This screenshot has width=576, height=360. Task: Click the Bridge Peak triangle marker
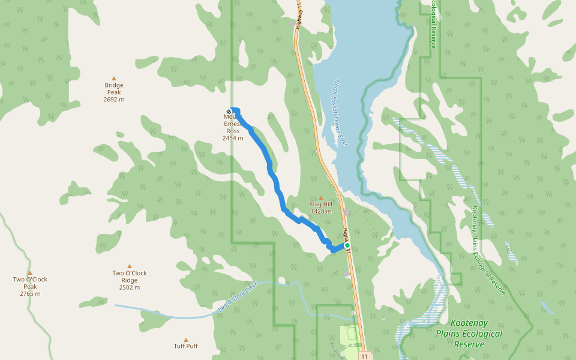pyautogui.click(x=113, y=78)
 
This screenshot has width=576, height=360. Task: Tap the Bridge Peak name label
pyautogui.click(x=113, y=89)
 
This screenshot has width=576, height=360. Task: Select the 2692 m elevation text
pyautogui.click(x=113, y=100)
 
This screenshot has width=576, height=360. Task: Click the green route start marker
pyautogui.click(x=347, y=245)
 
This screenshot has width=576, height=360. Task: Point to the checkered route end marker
pyautogui.click(x=229, y=111)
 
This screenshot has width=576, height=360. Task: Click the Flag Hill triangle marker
pyautogui.click(x=320, y=198)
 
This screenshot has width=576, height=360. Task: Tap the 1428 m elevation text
pyautogui.click(x=321, y=211)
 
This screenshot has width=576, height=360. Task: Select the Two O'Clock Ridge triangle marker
pyautogui.click(x=129, y=266)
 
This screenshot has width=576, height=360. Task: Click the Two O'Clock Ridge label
pyautogui.click(x=129, y=277)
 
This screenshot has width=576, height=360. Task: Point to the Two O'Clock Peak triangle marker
pyautogui.click(x=29, y=272)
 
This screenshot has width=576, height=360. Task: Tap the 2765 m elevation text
pyautogui.click(x=30, y=294)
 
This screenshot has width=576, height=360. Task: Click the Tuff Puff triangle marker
pyautogui.click(x=185, y=340)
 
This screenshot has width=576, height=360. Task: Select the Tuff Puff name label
pyautogui.click(x=185, y=346)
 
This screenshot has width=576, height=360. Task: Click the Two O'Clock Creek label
pyautogui.click(x=237, y=295)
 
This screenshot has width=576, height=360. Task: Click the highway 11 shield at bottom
pyautogui.click(x=365, y=356)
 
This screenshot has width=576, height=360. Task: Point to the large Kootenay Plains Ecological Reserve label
pyautogui.click(x=469, y=333)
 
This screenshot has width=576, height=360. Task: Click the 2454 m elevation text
pyautogui.click(x=233, y=138)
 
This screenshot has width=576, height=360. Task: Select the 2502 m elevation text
pyautogui.click(x=129, y=287)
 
